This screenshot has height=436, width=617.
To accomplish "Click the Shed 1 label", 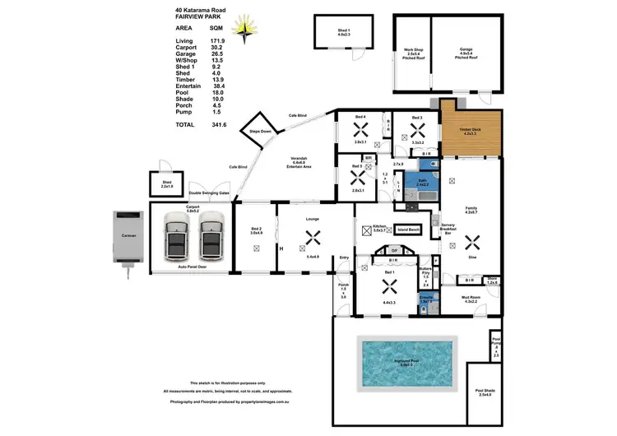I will coord(342,32).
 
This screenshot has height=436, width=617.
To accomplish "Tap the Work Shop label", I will coord(411,53).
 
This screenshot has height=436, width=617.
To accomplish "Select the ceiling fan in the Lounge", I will coord(312,238).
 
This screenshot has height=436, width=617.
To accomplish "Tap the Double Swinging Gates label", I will coord(209,193).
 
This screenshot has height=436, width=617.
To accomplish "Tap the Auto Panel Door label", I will coord(192,267).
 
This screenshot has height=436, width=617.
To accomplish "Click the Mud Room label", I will coord(471,299).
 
